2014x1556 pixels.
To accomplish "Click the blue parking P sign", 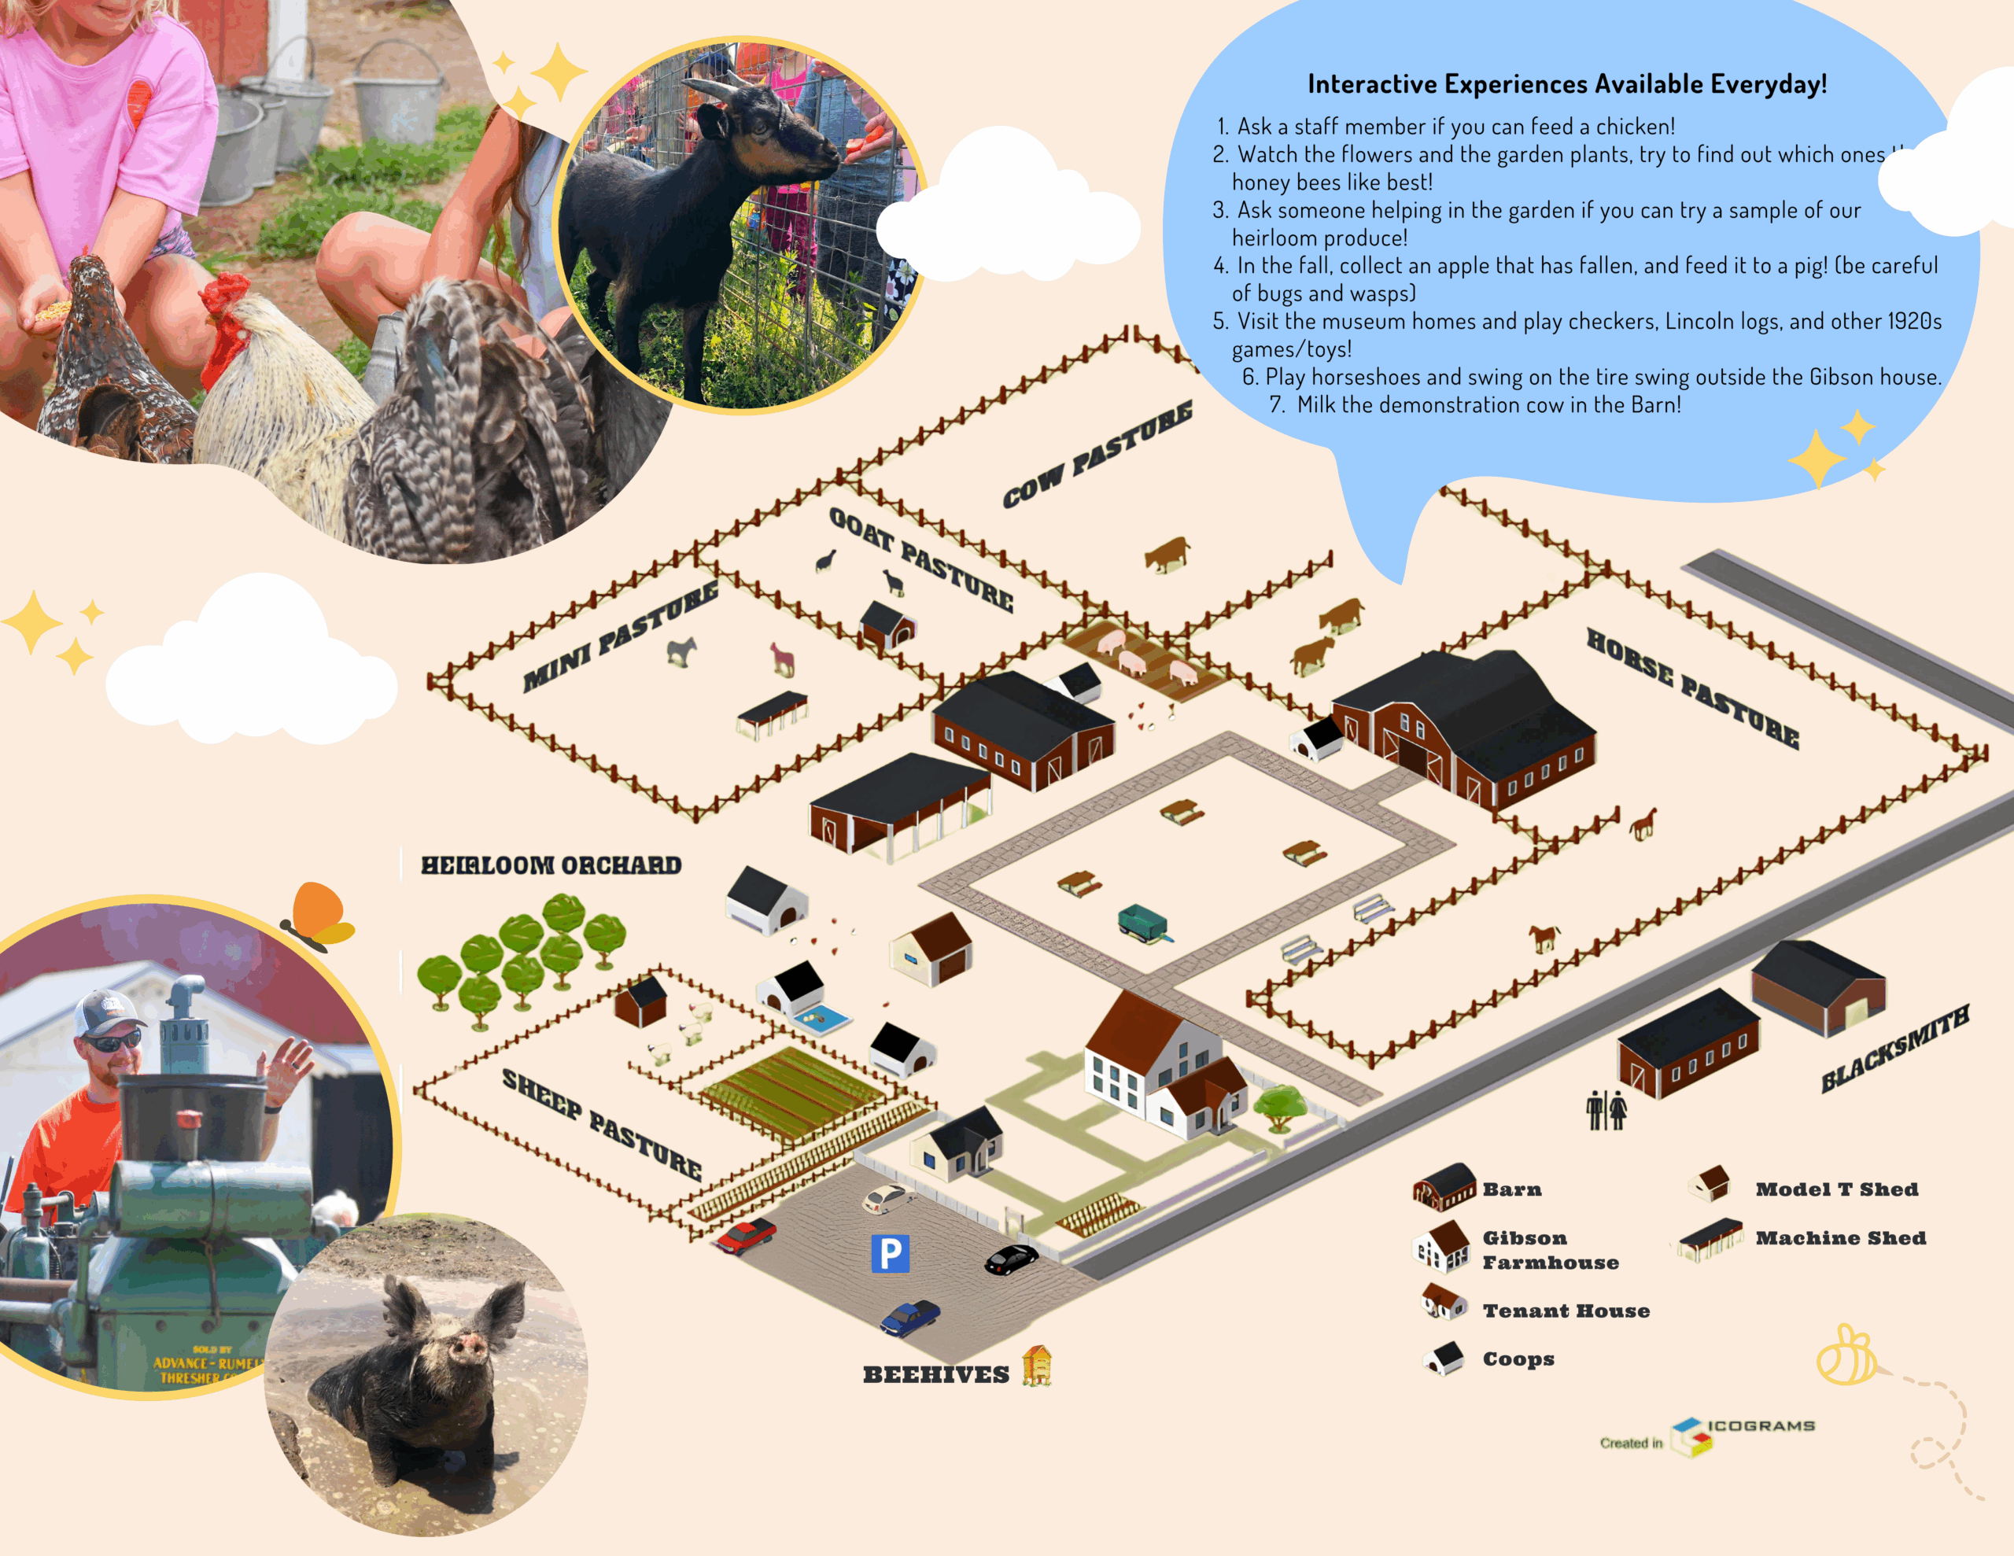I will point(890,1253).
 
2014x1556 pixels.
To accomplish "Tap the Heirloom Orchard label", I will point(551,865).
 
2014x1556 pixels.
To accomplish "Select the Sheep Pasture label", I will point(601,1124).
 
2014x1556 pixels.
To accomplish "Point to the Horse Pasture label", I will point(1692,688).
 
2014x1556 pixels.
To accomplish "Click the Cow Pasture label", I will point(1097,454).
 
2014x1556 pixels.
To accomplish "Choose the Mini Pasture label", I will point(620,636).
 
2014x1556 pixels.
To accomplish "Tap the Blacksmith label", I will point(1895,1049).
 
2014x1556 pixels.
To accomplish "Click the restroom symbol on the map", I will point(1606,1110).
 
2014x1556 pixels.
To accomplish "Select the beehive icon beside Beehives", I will point(1038,1366).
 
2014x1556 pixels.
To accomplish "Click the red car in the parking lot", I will point(746,1235).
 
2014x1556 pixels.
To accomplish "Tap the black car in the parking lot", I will point(1012,1259).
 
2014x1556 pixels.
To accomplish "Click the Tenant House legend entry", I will point(1565,1311).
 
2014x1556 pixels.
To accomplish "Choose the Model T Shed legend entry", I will point(1835,1189).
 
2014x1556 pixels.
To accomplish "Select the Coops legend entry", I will point(1518,1359).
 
